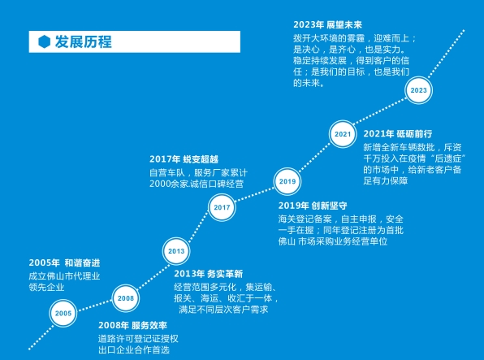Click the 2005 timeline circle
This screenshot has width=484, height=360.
63,313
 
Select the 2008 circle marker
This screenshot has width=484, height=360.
126,298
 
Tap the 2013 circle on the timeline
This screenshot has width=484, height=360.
176,251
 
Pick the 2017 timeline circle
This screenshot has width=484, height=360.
222,207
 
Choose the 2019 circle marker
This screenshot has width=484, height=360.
287,181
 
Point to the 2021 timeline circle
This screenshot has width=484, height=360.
343,134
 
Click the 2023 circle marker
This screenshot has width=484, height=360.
418,90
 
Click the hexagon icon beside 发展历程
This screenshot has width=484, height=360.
44,41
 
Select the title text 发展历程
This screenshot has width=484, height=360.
84,41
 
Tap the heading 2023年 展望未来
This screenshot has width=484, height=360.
327,24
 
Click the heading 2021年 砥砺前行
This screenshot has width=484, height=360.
398,134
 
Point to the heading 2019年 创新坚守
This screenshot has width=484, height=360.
313,206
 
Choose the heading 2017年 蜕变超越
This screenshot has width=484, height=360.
184,159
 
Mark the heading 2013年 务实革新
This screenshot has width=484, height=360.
209,274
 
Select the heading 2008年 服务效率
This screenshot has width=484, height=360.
132,325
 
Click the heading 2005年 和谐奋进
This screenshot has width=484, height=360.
64,262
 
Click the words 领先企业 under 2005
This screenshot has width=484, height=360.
46,287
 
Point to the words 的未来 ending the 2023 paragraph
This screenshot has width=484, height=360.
306,83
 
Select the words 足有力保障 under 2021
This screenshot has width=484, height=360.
386,180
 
